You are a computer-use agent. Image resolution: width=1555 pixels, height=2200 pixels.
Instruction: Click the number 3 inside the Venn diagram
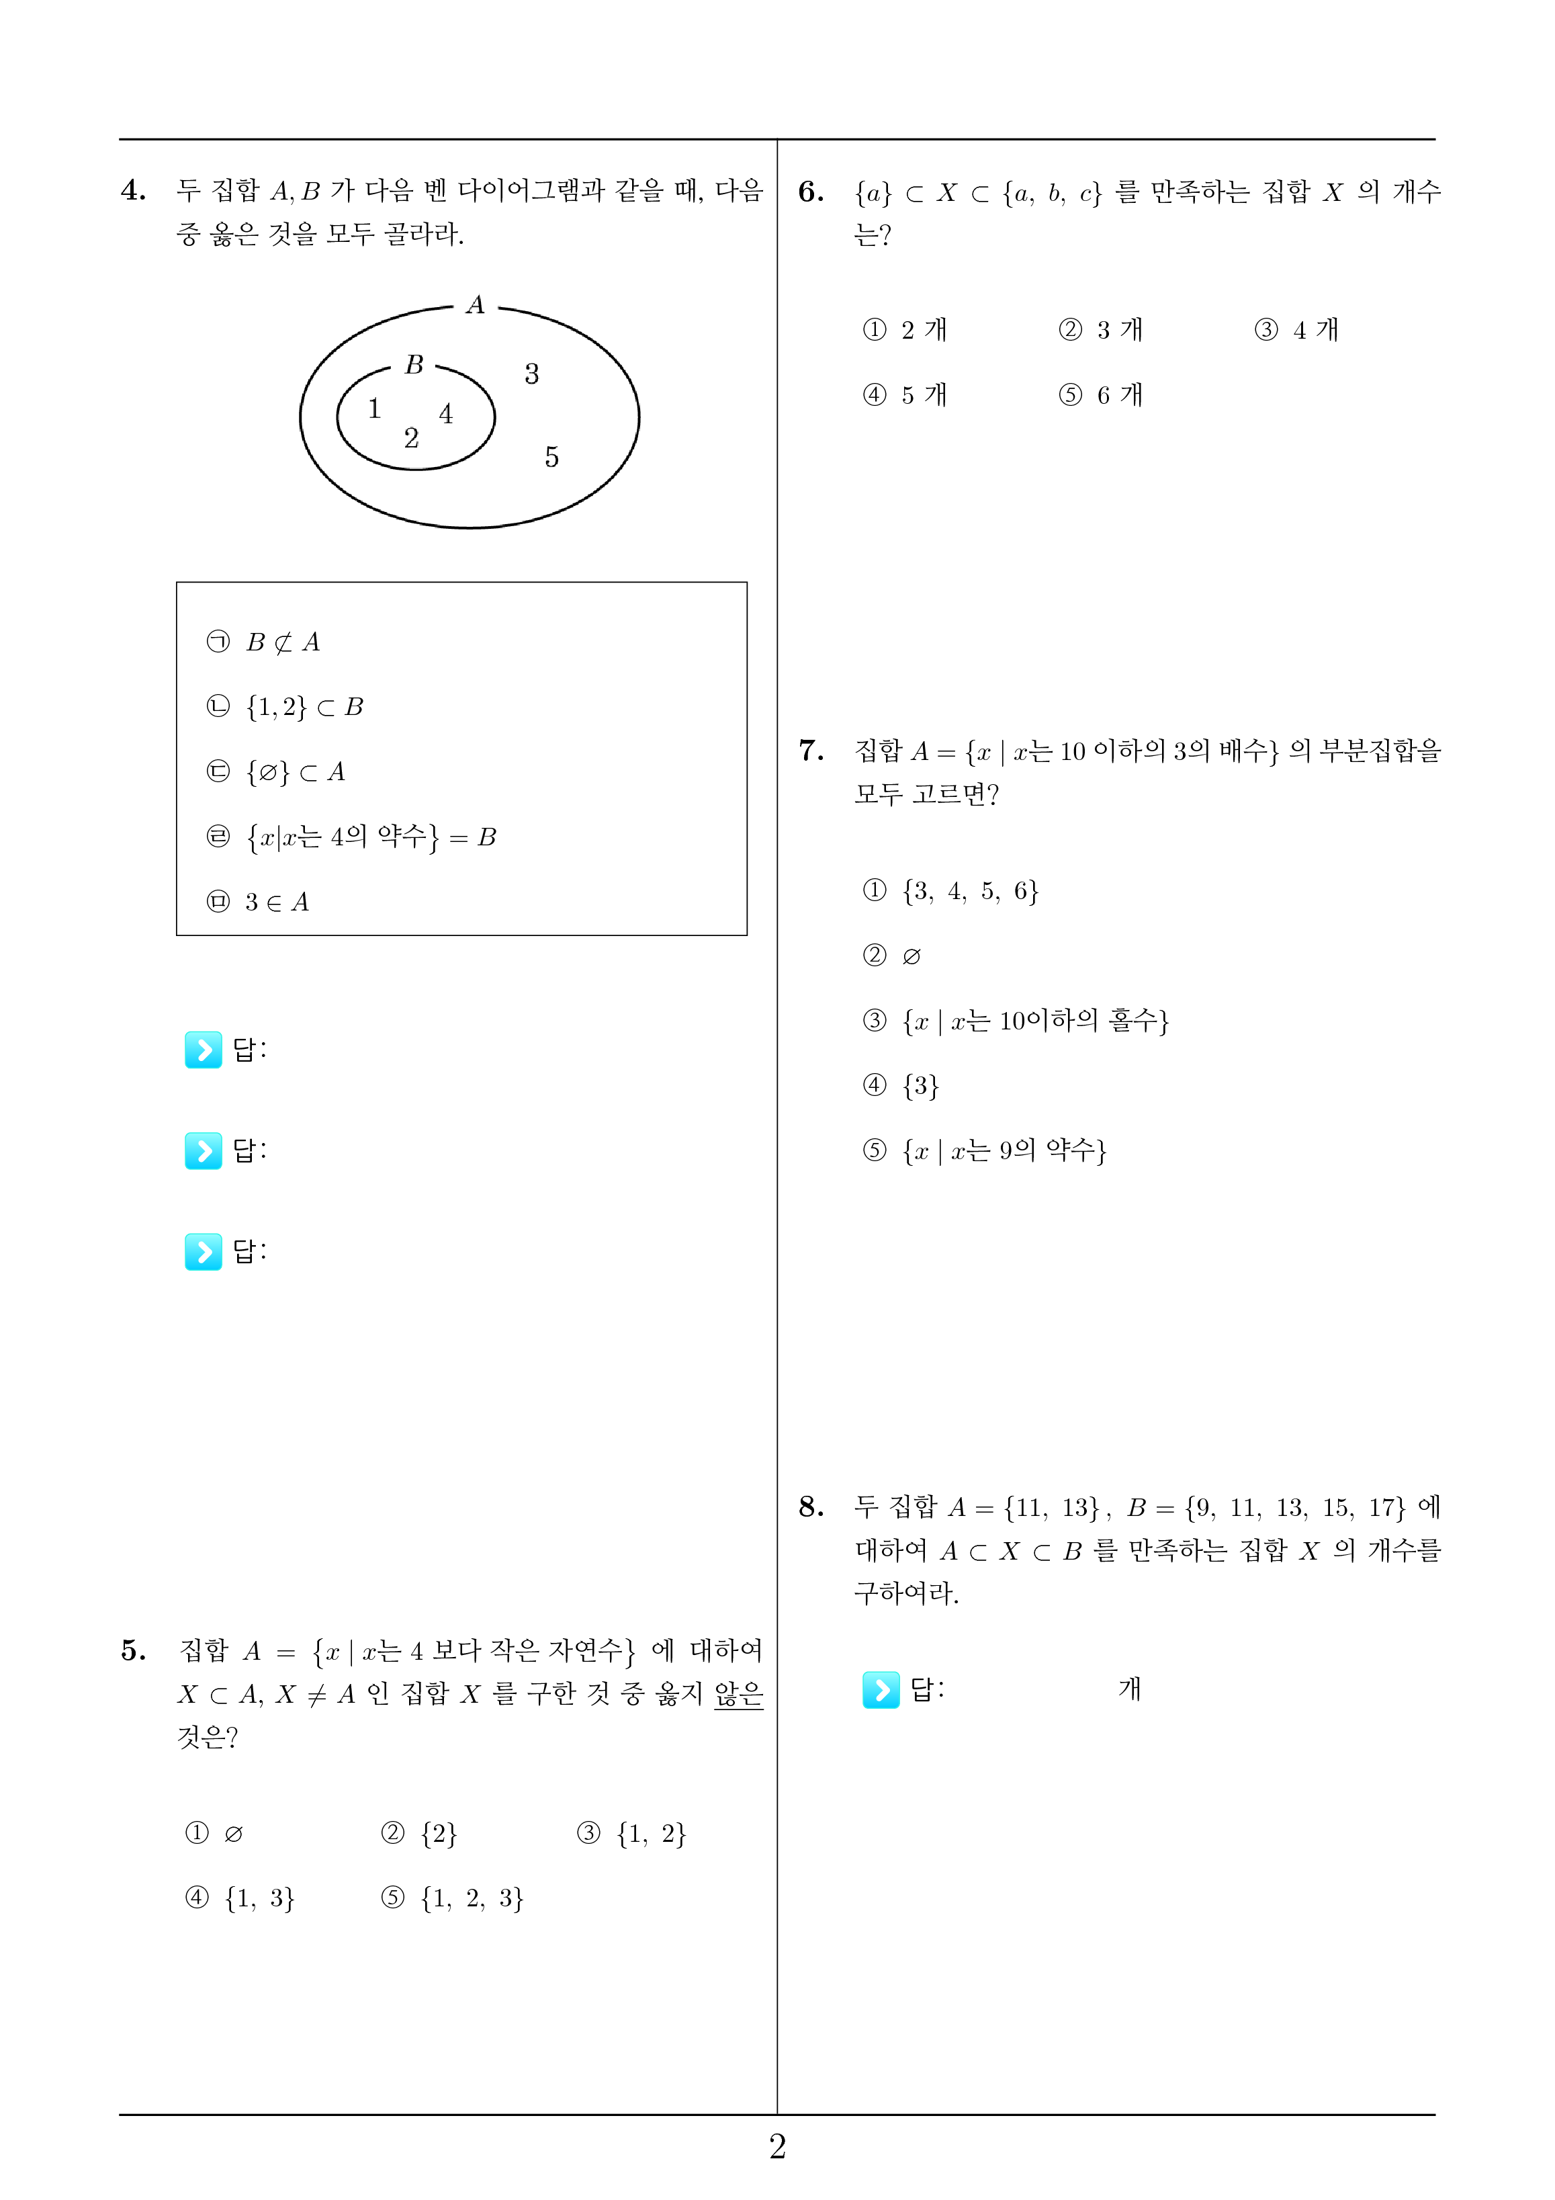pos(532,374)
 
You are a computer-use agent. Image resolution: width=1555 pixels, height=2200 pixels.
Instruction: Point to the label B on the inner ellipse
pos(414,365)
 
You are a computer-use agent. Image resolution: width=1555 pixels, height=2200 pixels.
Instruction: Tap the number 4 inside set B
pos(445,414)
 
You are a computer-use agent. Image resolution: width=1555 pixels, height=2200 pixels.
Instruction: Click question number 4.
pos(133,191)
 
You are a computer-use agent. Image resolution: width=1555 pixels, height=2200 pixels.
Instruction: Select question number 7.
pos(811,751)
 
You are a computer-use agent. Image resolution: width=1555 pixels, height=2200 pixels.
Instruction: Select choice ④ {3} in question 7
pos(901,1086)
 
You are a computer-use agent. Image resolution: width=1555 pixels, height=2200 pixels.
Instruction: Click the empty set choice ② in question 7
pos(892,956)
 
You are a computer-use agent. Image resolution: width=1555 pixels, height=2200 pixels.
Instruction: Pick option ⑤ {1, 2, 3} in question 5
pos(452,1899)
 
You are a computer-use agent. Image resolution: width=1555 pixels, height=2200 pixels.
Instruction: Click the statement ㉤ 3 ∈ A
pos(258,902)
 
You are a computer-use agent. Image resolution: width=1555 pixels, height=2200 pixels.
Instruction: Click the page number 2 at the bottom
pos(777,2146)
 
